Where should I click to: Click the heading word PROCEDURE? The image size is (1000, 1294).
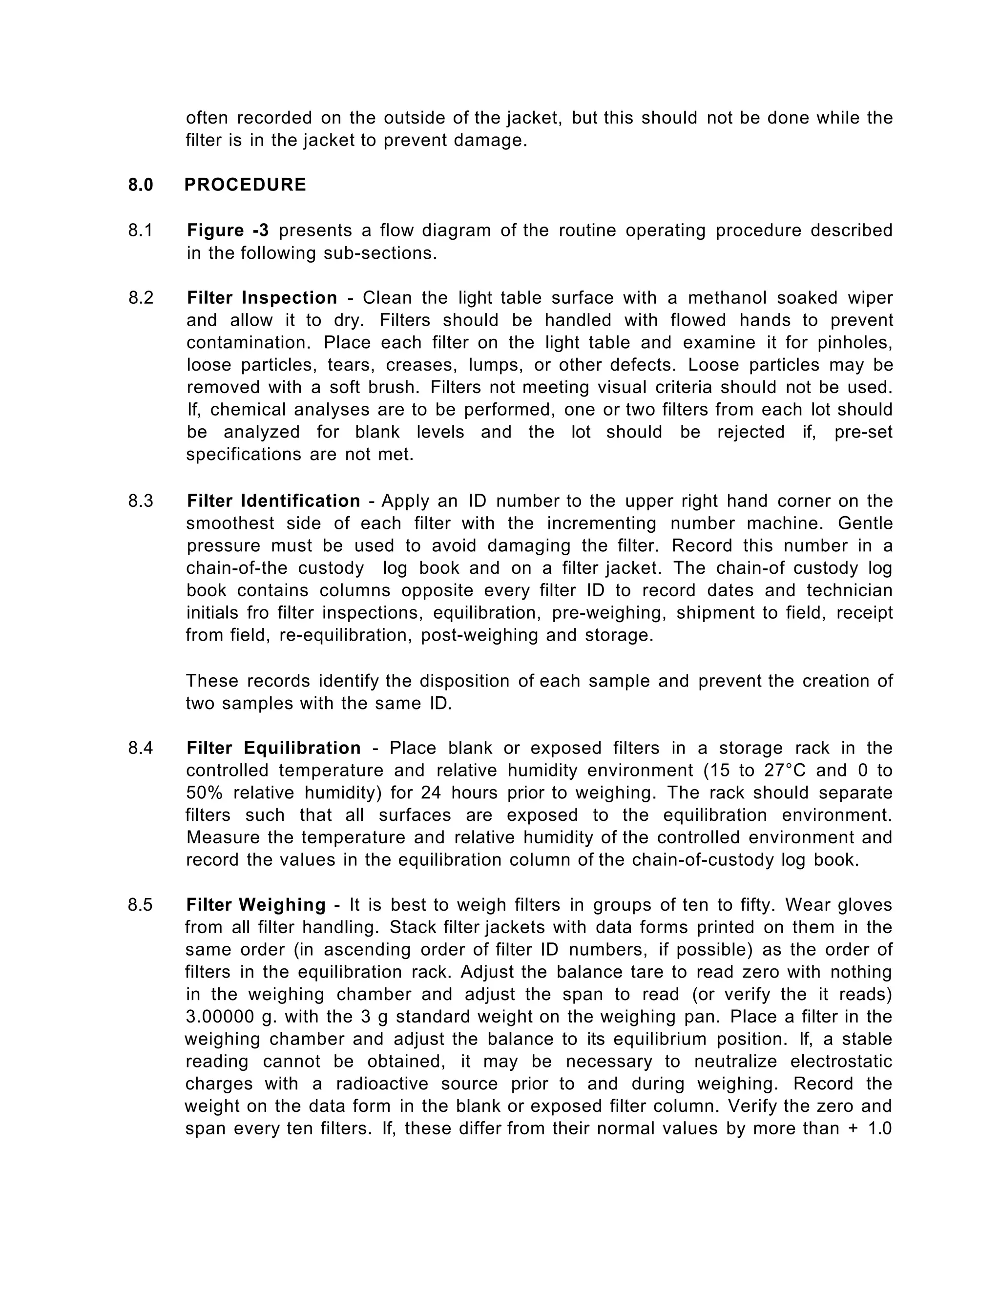click(245, 185)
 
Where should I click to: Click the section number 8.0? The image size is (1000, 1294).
click(141, 185)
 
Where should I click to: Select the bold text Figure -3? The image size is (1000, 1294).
click(228, 230)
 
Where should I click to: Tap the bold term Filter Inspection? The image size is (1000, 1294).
click(262, 298)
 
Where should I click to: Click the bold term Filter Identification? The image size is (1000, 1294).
click(273, 501)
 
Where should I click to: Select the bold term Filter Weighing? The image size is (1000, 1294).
click(256, 905)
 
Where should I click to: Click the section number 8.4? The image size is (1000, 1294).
click(141, 748)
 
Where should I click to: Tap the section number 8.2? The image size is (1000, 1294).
click(141, 298)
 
